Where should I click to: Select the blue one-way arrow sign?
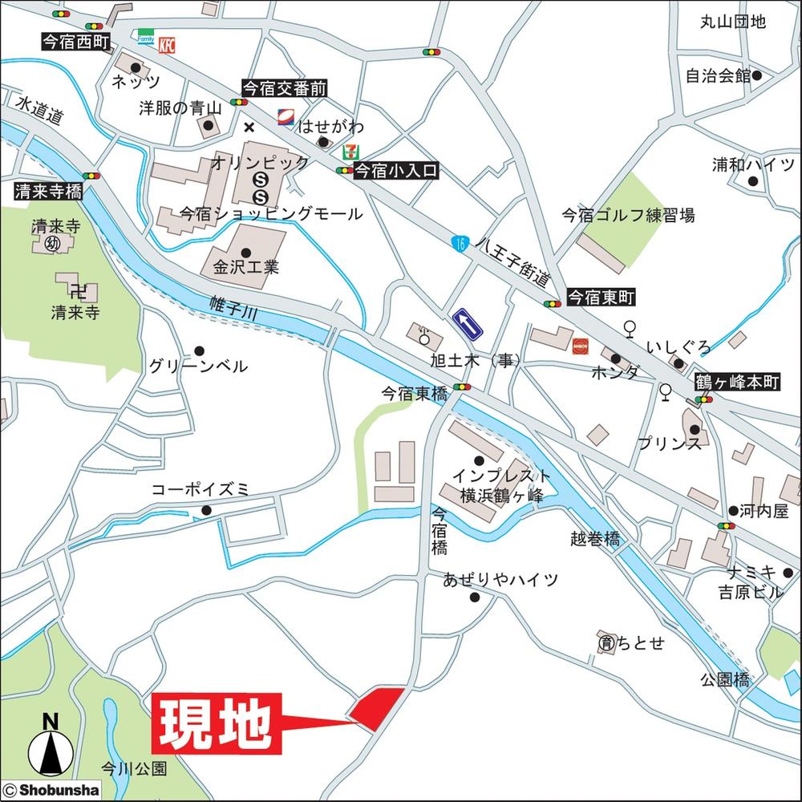[469, 324]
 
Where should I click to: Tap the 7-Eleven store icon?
[350, 150]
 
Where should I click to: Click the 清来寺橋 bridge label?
[48, 192]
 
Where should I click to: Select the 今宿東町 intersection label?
[601, 298]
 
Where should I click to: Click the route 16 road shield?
[458, 242]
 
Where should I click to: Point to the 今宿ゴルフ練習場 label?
[627, 215]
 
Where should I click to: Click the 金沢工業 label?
[245, 265]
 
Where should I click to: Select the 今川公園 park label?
[134, 768]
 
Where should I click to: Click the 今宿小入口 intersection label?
[396, 171]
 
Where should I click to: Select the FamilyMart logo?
[145, 38]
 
